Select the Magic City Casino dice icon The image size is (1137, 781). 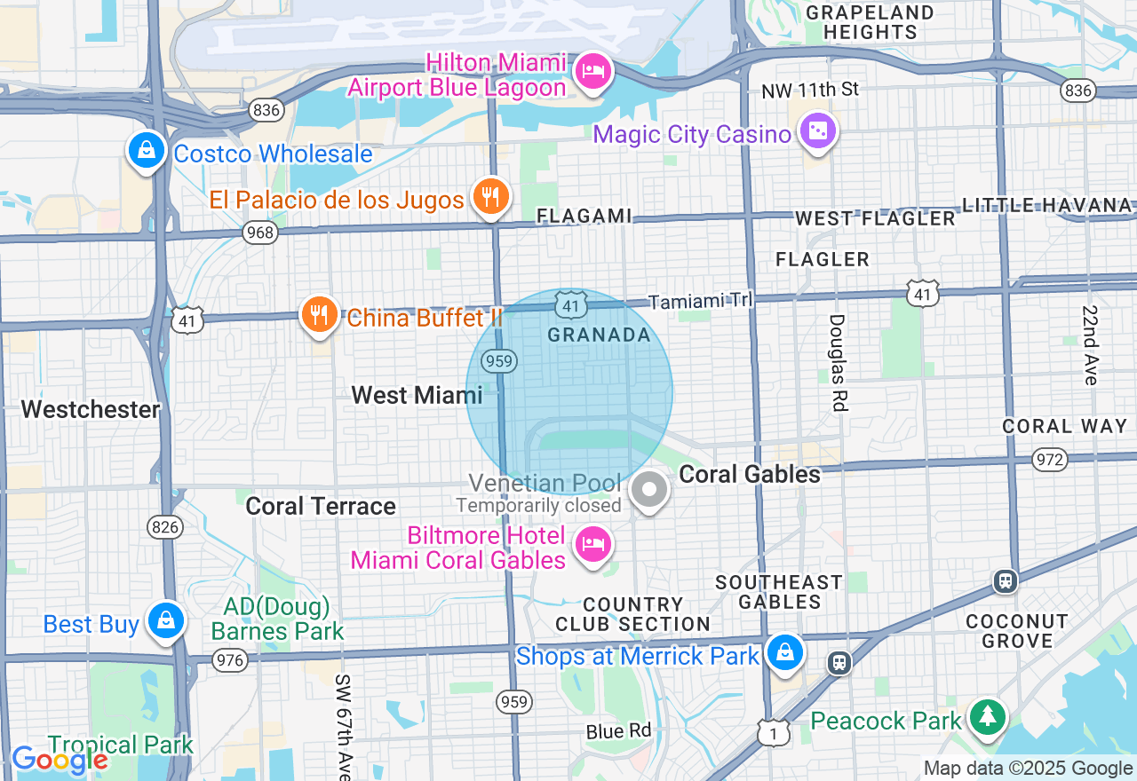[816, 131]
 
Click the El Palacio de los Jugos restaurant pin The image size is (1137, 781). [489, 195]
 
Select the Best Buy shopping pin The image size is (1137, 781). [166, 620]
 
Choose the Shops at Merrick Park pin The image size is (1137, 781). [784, 652]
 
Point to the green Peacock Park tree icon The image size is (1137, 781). [987, 716]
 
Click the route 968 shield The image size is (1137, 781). [260, 233]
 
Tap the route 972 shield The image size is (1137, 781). [1050, 459]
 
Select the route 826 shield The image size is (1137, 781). [166, 527]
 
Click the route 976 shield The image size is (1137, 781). [230, 660]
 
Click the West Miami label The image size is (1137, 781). [417, 395]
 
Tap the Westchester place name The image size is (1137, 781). [91, 409]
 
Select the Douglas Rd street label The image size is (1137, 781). [838, 362]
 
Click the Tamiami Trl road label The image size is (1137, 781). [700, 302]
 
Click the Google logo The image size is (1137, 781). [59, 760]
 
